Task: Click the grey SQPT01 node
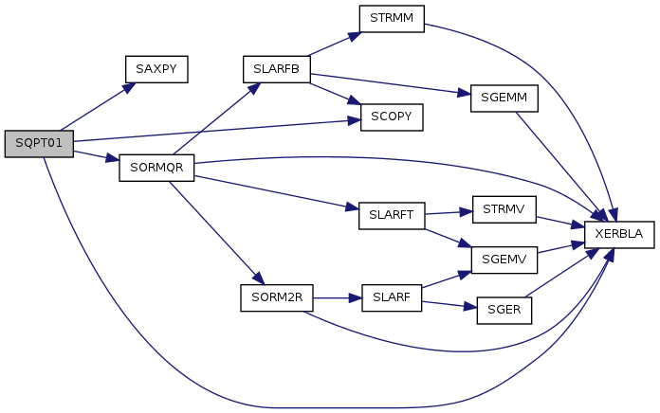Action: click(38, 144)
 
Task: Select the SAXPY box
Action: click(156, 69)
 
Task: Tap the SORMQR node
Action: click(156, 169)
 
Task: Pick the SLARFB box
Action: click(276, 69)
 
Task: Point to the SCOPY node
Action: click(391, 117)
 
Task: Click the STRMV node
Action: click(504, 206)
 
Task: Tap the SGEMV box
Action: click(504, 258)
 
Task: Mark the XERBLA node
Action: click(619, 233)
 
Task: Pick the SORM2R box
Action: click(276, 297)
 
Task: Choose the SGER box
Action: click(504, 309)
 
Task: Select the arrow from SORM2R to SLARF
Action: click(337, 297)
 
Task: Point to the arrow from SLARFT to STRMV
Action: click(448, 211)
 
